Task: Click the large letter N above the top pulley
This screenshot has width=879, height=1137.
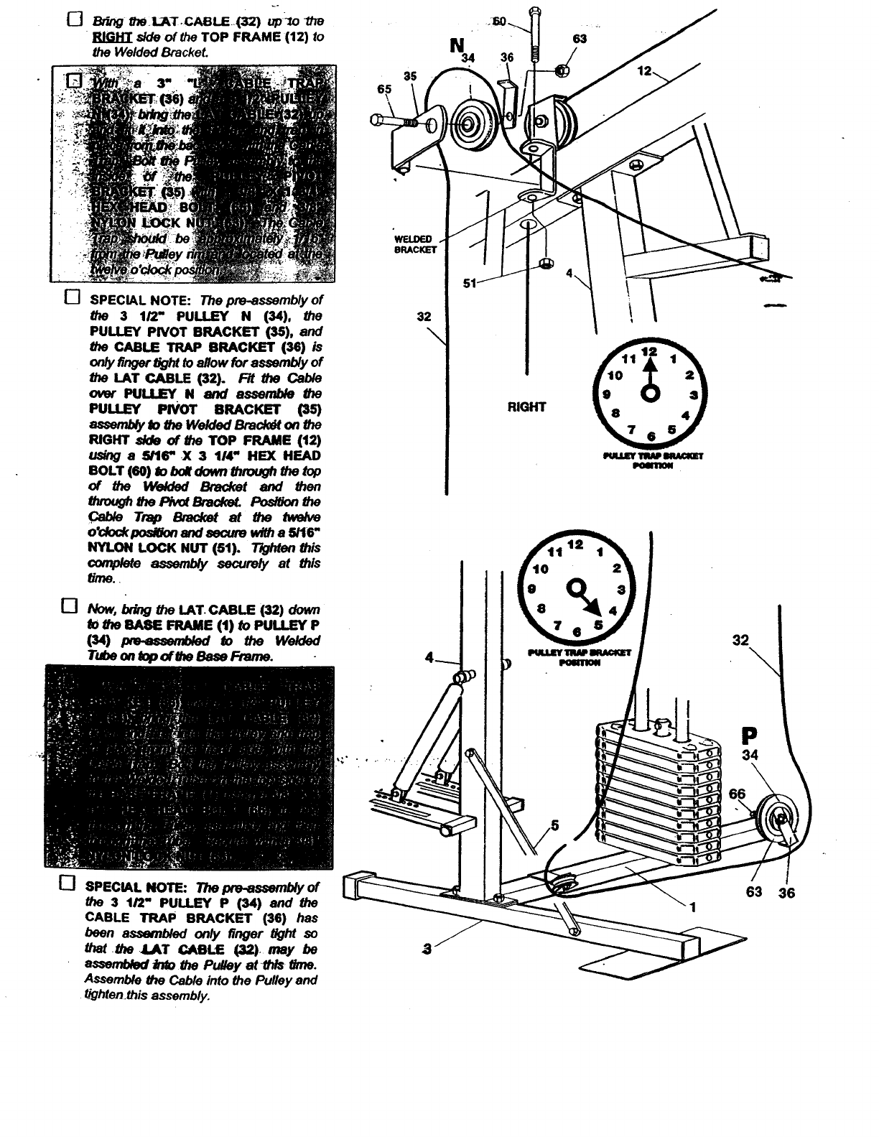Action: coord(456,46)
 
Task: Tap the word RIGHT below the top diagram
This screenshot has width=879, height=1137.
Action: coord(526,407)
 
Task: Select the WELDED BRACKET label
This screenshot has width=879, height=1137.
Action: coord(413,244)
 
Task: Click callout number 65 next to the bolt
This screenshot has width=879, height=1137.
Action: coord(385,89)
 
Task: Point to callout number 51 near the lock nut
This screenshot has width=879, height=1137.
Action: coord(470,283)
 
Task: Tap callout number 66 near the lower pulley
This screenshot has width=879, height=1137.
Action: coord(738,794)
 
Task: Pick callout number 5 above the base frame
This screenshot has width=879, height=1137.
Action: coord(554,825)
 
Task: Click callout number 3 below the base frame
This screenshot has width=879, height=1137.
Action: coord(429,950)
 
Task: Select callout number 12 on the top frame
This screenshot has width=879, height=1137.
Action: coord(644,71)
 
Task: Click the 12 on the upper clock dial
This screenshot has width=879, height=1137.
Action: coord(649,352)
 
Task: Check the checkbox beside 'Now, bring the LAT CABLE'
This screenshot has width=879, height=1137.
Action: coord(69,608)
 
